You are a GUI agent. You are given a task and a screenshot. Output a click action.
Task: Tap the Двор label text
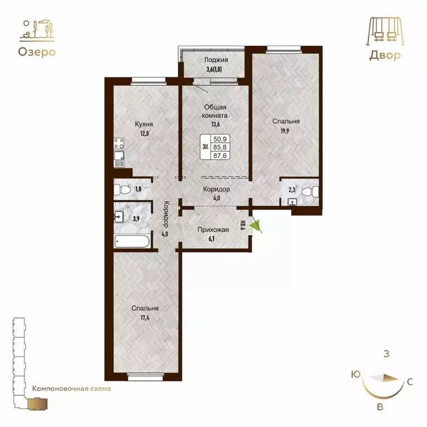click(x=384, y=56)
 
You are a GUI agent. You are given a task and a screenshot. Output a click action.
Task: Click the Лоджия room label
click(x=214, y=61)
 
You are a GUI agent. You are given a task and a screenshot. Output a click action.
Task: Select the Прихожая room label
click(x=214, y=229)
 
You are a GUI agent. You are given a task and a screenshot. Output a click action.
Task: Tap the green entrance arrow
click(x=255, y=225)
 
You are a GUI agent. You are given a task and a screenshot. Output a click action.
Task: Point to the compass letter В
click(x=380, y=407)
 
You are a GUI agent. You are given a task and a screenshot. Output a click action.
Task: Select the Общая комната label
click(x=214, y=111)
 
